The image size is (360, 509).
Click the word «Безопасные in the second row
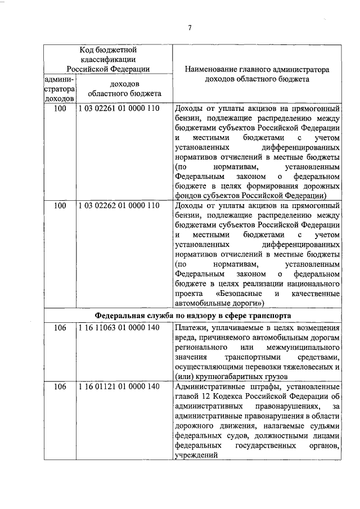click(x=239, y=294)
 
